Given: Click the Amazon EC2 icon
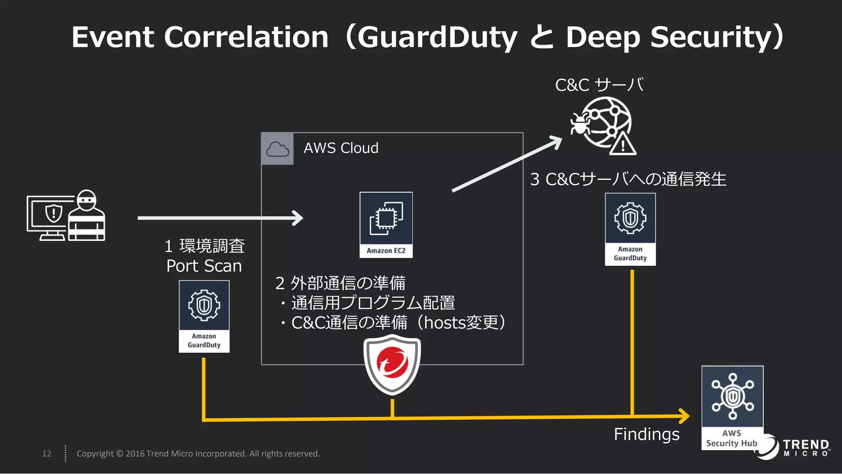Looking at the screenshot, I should tap(386, 225).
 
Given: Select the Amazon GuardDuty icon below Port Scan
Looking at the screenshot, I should tap(204, 316).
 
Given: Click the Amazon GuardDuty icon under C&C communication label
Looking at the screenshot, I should tap(630, 229).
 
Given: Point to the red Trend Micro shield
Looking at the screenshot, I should tap(392, 364).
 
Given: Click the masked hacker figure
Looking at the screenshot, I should tap(86, 216).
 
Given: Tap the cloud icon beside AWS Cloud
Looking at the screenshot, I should tap(278, 149).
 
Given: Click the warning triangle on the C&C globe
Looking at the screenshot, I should tap(622, 144).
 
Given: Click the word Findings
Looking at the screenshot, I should tap(646, 434).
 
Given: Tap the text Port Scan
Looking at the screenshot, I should tap(204, 266).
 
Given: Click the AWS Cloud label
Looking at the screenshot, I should tap(341, 148).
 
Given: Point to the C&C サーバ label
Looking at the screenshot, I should tap(599, 85).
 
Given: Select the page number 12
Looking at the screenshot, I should tap(47, 453).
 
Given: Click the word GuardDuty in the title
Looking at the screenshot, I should tap(437, 37).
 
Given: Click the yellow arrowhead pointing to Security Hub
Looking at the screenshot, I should tap(684, 416).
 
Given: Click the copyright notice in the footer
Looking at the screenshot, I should tap(198, 453).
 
